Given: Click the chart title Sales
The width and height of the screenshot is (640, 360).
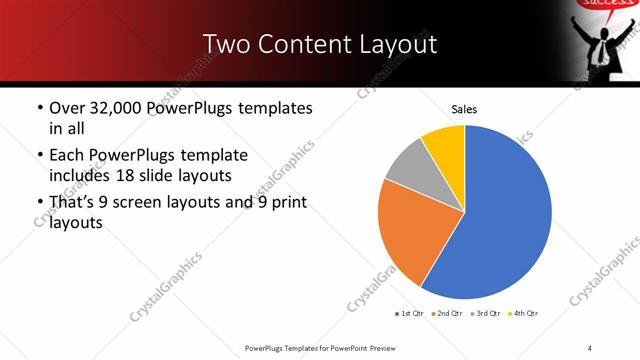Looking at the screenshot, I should click(x=464, y=108).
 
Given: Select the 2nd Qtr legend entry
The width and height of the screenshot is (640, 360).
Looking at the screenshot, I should click(x=447, y=313).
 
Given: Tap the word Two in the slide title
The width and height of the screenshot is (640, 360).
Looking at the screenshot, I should click(x=225, y=45).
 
